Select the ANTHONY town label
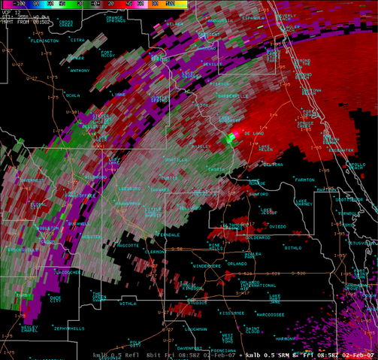80,71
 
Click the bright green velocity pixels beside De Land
233,138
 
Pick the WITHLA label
128,304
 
